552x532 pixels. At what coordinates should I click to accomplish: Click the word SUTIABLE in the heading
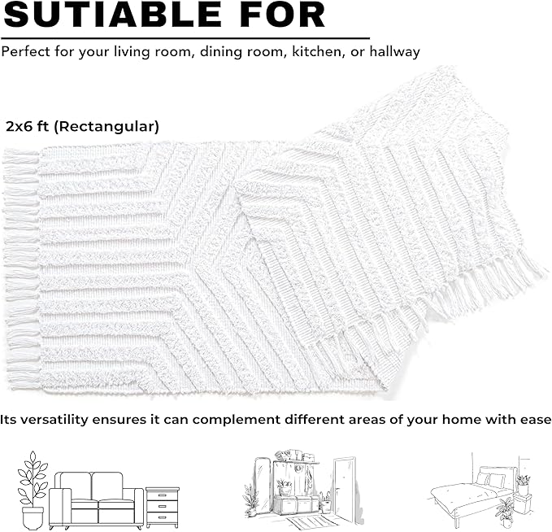pyautogui.click(x=114, y=15)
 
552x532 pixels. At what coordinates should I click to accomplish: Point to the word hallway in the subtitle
pyautogui.click(x=394, y=52)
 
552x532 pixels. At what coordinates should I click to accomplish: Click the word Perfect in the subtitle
pyautogui.click(x=26, y=51)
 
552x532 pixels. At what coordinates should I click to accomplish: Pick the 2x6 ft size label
pyautogui.click(x=27, y=126)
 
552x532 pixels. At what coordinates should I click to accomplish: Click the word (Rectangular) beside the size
pyautogui.click(x=106, y=126)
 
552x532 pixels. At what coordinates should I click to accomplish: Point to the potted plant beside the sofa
pyautogui.click(x=33, y=490)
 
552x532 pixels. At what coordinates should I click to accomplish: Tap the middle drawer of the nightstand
pyautogui.click(x=163, y=506)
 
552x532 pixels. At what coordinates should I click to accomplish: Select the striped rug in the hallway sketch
pyautogui.click(x=302, y=521)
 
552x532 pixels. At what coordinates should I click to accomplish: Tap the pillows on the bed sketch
pyautogui.click(x=490, y=479)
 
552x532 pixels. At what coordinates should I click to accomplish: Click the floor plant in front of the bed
pyautogui.click(x=506, y=512)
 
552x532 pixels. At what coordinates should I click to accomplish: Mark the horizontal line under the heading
pyautogui.click(x=185, y=37)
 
